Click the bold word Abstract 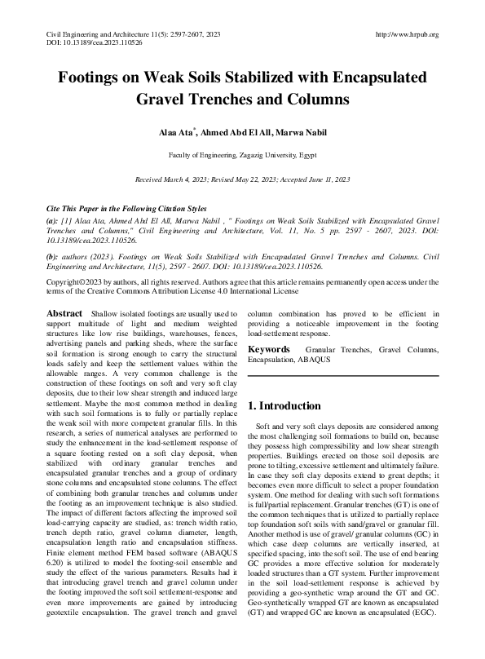click(64, 314)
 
